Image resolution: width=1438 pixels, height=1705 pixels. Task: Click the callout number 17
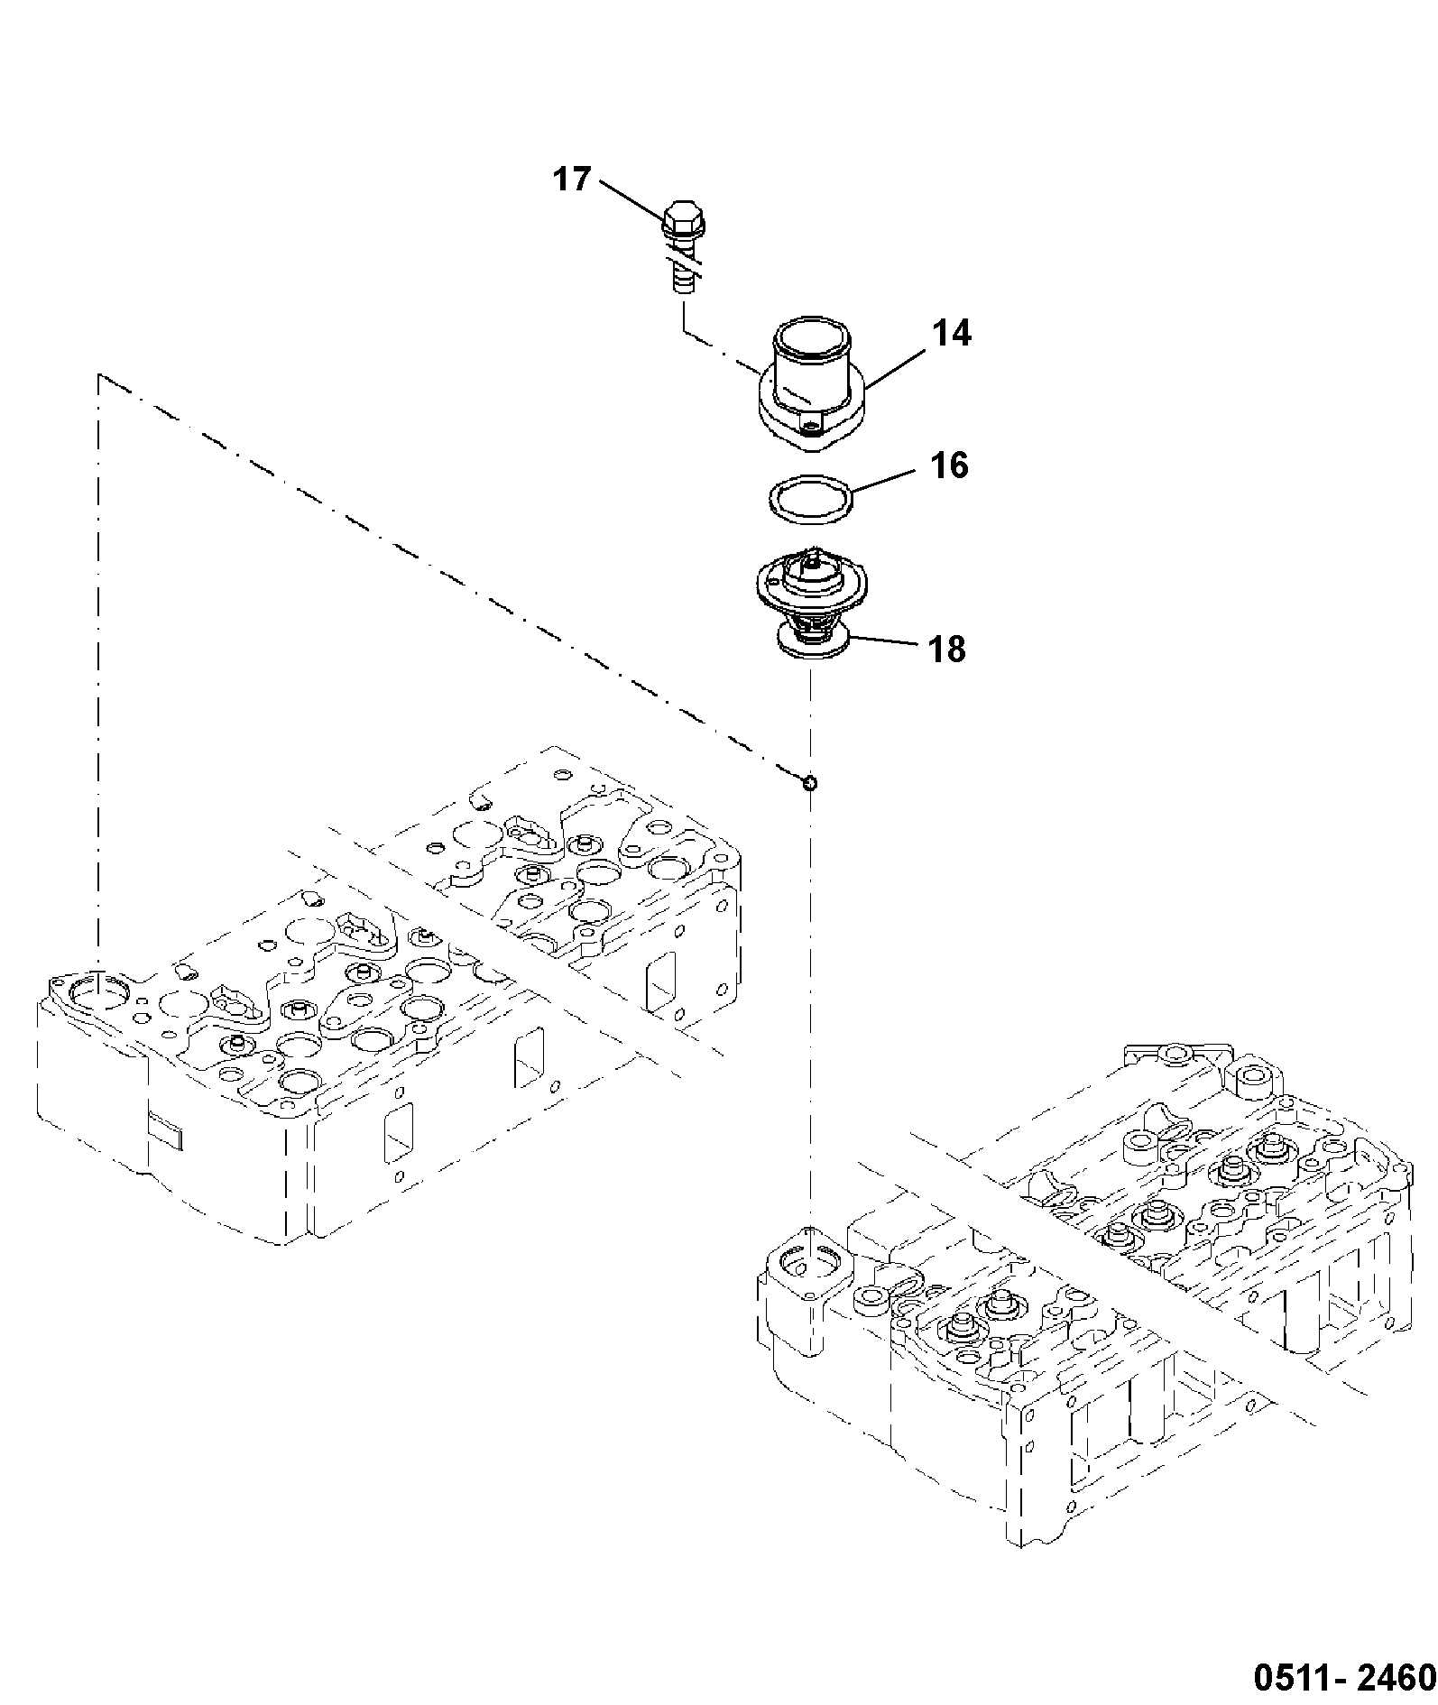point(571,180)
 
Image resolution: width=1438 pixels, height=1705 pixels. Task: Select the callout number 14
point(952,333)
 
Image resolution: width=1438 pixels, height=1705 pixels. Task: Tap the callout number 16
point(947,465)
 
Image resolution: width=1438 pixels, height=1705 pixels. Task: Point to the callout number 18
point(945,649)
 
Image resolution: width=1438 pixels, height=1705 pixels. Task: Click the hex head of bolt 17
point(684,219)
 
